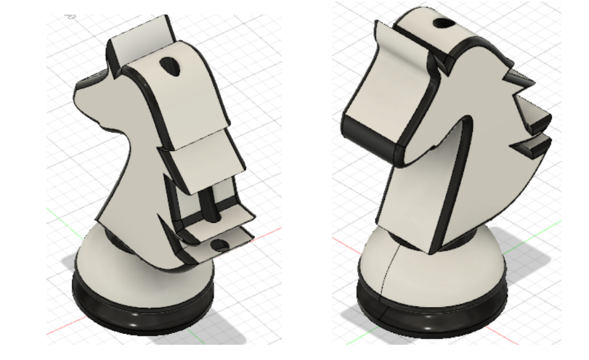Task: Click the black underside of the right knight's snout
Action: tap(370, 142)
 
